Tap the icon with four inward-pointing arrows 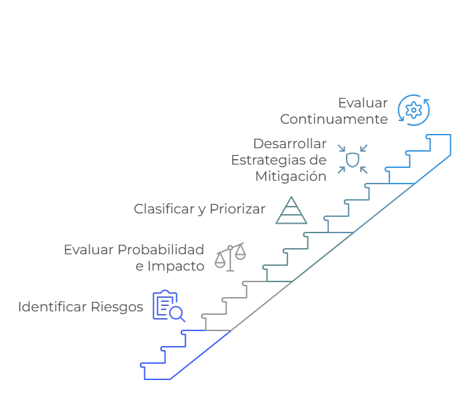353,158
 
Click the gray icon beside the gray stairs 230,256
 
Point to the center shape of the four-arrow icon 353,158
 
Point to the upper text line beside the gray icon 133,250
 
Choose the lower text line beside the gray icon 170,266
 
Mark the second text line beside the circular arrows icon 334,119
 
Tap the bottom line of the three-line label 290,177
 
